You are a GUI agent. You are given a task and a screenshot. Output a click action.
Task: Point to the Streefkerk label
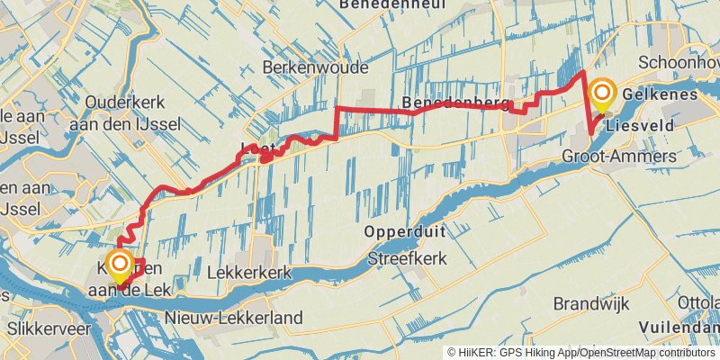403,258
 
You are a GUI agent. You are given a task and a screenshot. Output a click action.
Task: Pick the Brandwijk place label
589,302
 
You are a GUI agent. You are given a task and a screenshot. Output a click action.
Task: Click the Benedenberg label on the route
456,101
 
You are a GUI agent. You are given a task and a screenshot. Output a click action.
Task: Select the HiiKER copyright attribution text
581,353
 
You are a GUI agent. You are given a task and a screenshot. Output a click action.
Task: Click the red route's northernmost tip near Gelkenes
582,71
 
